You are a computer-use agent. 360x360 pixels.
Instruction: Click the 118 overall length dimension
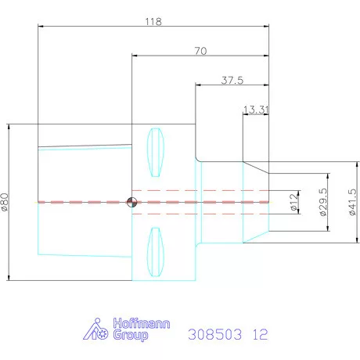153,21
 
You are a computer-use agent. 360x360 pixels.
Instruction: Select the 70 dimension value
200,51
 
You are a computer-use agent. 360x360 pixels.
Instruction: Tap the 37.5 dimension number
232,80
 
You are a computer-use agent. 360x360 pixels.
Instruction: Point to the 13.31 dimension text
256,110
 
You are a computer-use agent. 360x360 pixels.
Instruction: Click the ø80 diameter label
5,202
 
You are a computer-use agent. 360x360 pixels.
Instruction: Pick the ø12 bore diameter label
294,202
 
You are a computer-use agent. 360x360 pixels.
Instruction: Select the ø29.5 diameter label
323,202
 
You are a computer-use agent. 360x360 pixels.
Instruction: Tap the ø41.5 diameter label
352,202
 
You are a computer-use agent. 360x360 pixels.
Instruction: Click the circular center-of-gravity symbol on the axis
131,202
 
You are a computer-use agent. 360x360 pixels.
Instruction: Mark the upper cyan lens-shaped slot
156,153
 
